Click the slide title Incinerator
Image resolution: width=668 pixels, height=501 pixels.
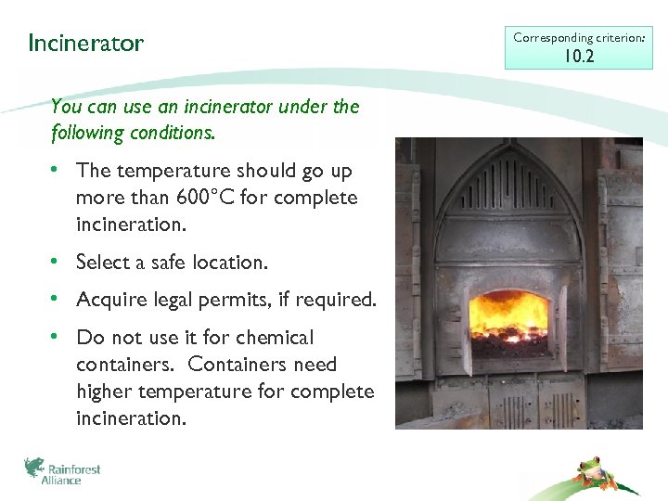85,44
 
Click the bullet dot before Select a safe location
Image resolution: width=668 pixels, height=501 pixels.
58,263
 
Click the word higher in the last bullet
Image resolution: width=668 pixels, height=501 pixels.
105,392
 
